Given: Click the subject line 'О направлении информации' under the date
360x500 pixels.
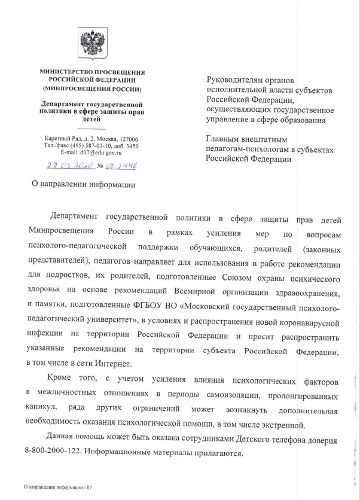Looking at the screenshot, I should pyautogui.click(x=83, y=184).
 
